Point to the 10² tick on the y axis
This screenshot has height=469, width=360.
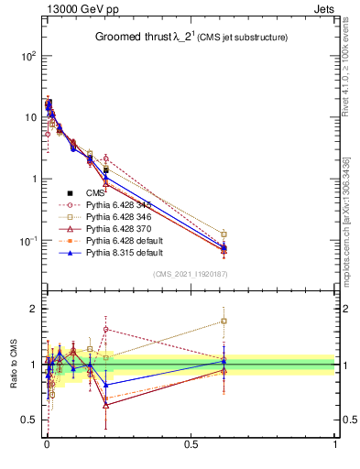(x=26, y=55)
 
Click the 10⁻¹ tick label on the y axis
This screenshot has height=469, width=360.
(x=26, y=241)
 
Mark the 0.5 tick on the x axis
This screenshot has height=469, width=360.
(x=191, y=443)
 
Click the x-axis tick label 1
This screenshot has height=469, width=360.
(x=335, y=443)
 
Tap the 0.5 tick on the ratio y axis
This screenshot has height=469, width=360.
(x=27, y=420)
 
